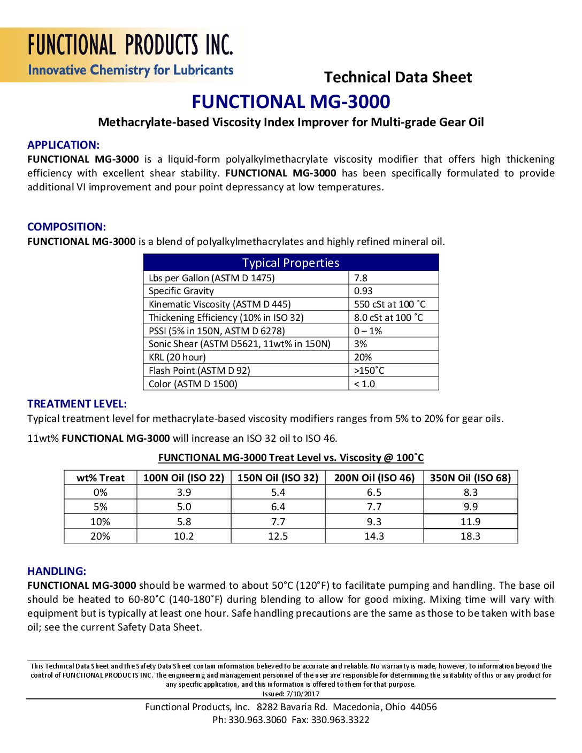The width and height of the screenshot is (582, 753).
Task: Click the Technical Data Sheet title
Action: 398,78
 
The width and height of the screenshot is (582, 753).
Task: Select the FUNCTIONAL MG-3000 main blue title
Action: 291,102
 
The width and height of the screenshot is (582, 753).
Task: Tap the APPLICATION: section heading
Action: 63,145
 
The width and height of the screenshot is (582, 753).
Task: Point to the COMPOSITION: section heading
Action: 66,227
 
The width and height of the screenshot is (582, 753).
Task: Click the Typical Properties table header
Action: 290,263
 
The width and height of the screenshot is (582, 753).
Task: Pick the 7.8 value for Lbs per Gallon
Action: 361,278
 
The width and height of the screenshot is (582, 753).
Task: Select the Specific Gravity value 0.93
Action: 363,291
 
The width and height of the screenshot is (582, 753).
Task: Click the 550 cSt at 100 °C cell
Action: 389,304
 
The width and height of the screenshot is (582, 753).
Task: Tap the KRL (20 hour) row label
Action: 177,357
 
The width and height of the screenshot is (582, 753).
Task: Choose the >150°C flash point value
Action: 369,371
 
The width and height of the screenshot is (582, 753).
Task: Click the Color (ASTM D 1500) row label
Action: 193,384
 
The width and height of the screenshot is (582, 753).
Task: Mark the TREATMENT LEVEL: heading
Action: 77,404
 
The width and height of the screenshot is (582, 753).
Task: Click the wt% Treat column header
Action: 101,478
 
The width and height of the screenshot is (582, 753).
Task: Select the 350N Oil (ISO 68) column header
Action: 470,478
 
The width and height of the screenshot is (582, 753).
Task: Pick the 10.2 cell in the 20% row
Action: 183,536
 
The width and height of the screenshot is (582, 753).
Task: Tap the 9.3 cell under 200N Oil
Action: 374,521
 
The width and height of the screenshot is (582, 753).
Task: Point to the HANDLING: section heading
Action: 57,571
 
